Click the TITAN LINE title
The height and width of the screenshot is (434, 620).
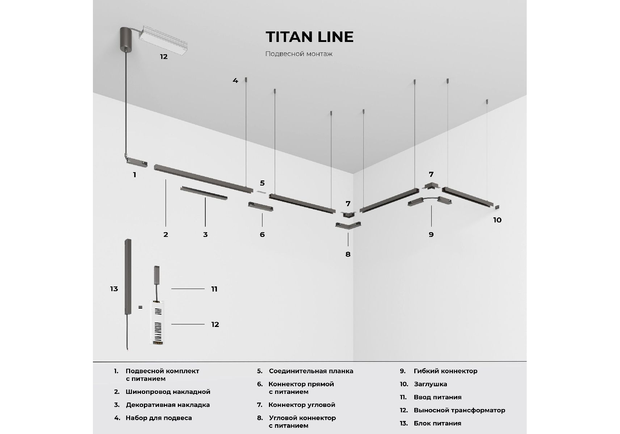309,37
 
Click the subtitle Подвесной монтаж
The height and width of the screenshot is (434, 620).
299,54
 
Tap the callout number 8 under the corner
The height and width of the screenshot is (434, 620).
348,254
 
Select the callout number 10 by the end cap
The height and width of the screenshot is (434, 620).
497,220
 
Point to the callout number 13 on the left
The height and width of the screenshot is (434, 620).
114,289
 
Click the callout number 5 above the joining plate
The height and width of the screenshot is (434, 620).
262,183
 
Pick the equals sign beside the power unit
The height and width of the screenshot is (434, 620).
140,307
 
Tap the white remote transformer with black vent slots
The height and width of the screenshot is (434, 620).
157,322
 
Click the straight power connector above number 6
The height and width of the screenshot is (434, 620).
260,207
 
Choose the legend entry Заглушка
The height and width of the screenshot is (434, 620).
430,384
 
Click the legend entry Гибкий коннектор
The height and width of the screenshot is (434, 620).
445,371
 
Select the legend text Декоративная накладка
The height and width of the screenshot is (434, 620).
168,405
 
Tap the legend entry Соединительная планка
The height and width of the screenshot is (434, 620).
311,371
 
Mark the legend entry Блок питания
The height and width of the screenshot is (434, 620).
437,424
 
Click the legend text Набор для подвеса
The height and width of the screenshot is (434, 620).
159,418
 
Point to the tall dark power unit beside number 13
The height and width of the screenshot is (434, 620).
128,277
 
